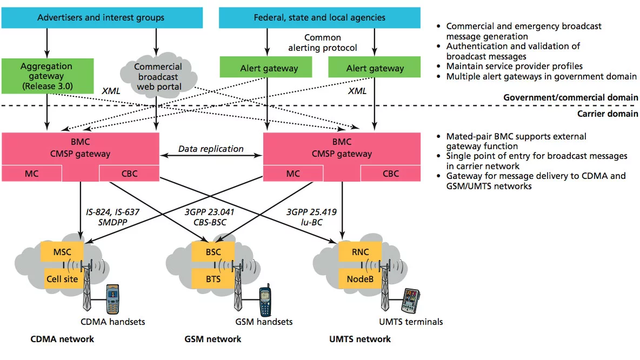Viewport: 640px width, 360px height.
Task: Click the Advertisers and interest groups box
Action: [x=101, y=18]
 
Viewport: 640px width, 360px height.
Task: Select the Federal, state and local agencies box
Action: [x=319, y=18]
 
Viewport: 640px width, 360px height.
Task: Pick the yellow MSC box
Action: [x=62, y=251]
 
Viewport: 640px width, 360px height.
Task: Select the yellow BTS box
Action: [x=213, y=279]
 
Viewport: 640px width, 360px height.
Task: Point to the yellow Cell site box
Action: [x=62, y=279]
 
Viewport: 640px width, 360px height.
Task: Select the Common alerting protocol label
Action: [x=323, y=43]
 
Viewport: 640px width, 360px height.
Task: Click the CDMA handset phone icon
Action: [x=112, y=298]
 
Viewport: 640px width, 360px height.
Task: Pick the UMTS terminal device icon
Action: [x=410, y=301]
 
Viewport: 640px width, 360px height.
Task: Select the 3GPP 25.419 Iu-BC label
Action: [x=311, y=217]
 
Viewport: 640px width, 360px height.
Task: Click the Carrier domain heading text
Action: [x=608, y=114]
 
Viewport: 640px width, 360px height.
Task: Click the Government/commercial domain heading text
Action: [x=570, y=98]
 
